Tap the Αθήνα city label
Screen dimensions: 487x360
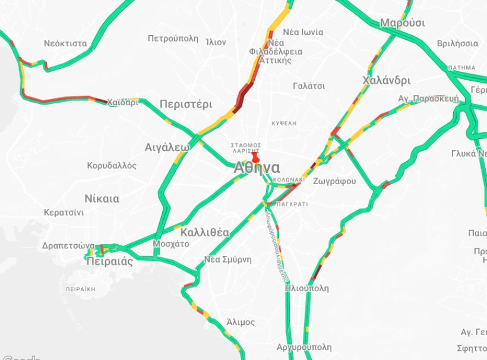(x=257, y=168)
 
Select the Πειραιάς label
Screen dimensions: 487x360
(x=109, y=261)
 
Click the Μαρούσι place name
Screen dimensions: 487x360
(x=403, y=23)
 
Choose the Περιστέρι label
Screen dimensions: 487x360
(x=186, y=104)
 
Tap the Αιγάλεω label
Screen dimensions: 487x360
(x=167, y=147)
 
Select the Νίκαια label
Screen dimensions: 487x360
(x=102, y=198)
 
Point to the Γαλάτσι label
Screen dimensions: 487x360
(x=309, y=86)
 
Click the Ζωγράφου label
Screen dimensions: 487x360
(x=334, y=181)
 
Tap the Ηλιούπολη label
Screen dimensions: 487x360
(x=306, y=288)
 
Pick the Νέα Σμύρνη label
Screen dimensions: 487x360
(x=228, y=259)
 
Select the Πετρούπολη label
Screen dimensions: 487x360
(x=173, y=39)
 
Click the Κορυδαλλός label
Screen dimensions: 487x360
(x=112, y=165)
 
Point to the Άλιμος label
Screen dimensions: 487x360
(x=241, y=322)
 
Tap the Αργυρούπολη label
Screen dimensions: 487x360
(x=304, y=347)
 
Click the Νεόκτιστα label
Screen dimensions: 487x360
(x=65, y=43)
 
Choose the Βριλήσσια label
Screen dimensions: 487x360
(x=457, y=43)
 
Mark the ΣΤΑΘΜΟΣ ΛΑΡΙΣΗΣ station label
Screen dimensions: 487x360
(x=246, y=148)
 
